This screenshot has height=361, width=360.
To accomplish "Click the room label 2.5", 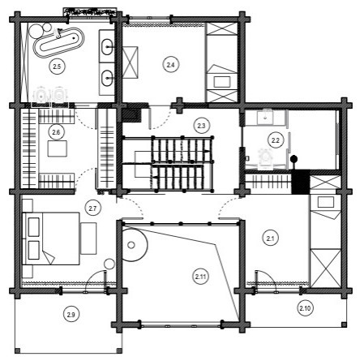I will click(x=56, y=65).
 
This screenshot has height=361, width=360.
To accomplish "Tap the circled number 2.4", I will click(x=169, y=64).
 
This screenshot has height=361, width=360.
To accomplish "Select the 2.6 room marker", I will click(x=56, y=131).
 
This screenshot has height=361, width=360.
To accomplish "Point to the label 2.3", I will click(x=202, y=124).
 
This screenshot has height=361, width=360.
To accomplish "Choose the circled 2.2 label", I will click(x=276, y=140).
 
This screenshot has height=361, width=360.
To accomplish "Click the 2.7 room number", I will click(x=93, y=208).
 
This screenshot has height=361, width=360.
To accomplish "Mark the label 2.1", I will click(x=271, y=238).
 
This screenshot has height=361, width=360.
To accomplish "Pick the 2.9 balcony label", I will click(x=71, y=314).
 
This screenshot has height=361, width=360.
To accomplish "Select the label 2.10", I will click(x=305, y=307).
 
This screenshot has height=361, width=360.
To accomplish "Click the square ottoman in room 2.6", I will click(x=57, y=148).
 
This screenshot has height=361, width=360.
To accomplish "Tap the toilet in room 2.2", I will click(x=264, y=154).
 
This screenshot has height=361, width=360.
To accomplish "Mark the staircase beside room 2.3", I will click(x=170, y=162).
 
